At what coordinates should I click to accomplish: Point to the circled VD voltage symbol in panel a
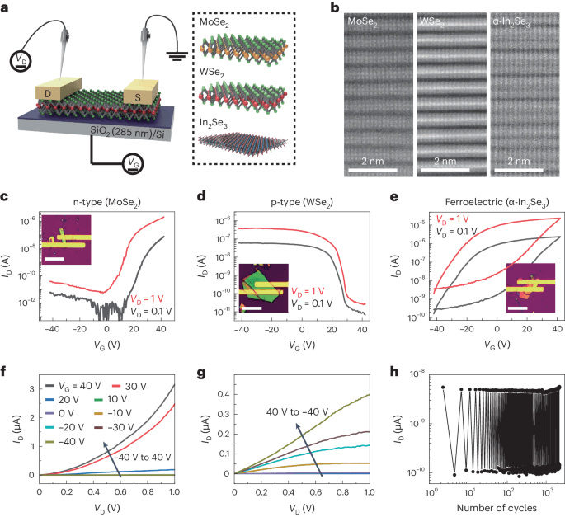pyautogui.click(x=17, y=59)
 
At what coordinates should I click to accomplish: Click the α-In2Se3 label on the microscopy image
pyautogui.click(x=522, y=19)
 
